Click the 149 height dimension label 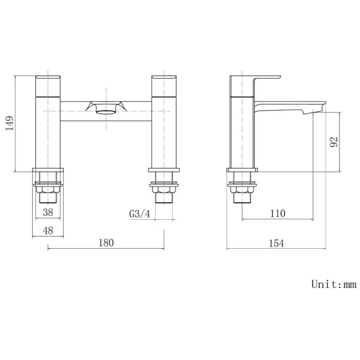(9, 122)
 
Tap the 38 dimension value (48, 213)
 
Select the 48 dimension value (48, 230)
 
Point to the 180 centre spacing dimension (106, 242)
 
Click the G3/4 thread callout (140, 214)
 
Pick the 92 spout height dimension (334, 142)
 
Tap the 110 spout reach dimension (278, 213)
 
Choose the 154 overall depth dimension (276, 243)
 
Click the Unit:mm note (333, 285)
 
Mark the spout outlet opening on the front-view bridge (106, 109)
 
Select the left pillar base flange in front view (48, 171)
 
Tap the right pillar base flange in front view (164, 171)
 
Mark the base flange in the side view (243, 171)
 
